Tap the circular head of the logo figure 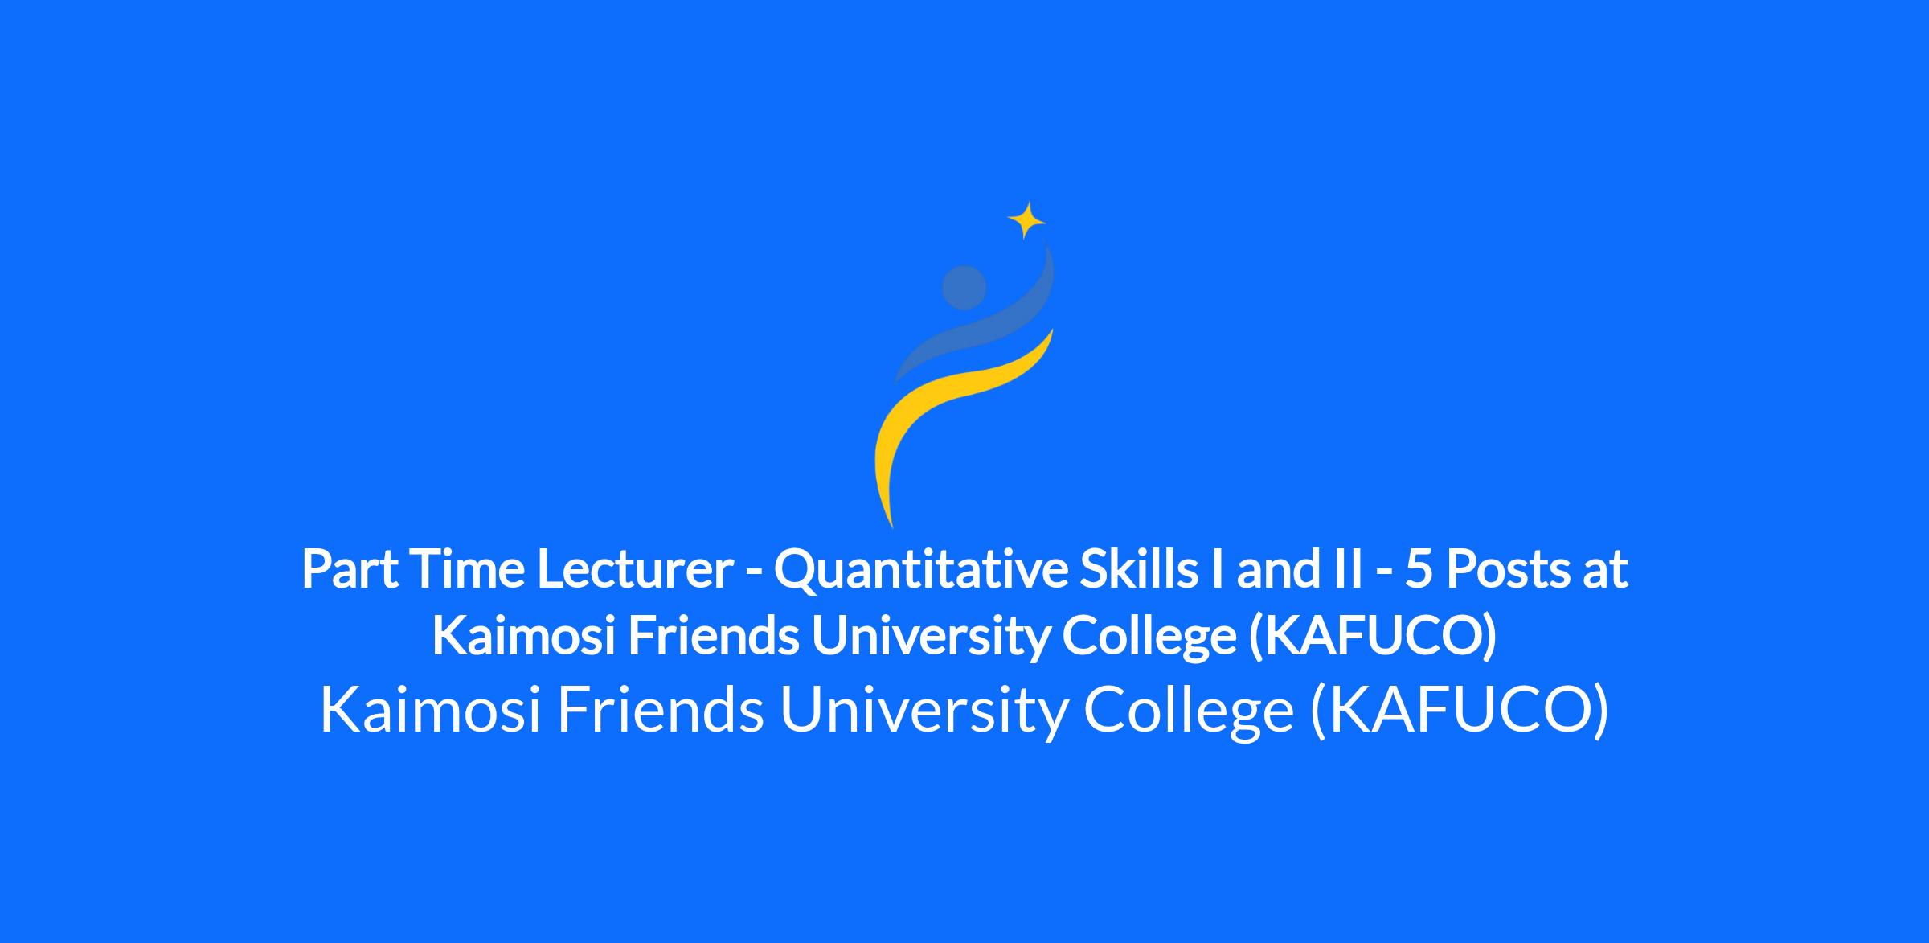click(x=964, y=288)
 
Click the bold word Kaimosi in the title click(x=524, y=637)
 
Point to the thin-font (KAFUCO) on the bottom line click(x=1460, y=711)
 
